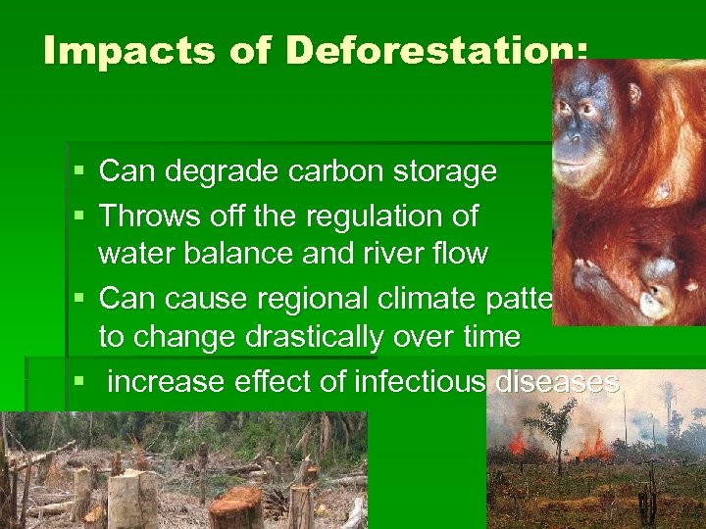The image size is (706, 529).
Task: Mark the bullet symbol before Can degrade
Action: point(79,172)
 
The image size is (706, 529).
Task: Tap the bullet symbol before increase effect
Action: point(79,382)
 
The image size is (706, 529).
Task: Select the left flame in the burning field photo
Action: point(517,442)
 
